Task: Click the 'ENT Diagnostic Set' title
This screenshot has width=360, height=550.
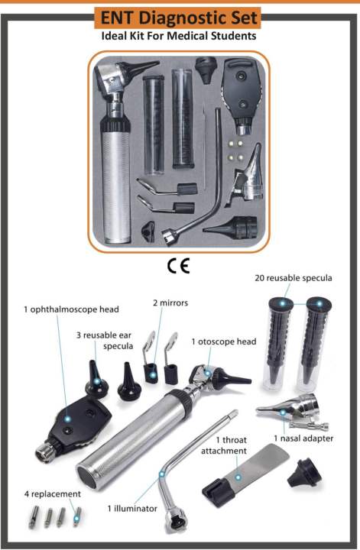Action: [180, 18]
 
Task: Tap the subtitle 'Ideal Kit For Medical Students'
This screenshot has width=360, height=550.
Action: [180, 36]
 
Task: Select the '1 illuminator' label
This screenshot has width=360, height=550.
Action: [131, 507]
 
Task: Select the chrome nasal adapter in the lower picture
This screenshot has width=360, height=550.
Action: [287, 413]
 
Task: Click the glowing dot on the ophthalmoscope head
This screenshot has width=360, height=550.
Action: [66, 419]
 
